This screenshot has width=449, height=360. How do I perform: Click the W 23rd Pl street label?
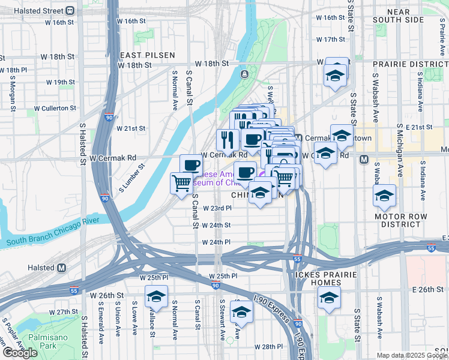[217, 208]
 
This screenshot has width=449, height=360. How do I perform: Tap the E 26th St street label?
[427, 289]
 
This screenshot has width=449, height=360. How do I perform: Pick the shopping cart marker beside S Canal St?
[181, 184]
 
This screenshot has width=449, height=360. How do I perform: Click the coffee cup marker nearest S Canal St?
[191, 165]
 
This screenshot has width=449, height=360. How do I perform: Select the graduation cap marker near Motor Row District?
[384, 195]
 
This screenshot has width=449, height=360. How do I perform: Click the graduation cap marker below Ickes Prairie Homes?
[329, 299]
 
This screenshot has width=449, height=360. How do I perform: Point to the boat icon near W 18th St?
[245, 74]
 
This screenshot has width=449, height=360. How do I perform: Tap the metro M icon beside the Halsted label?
[61, 268]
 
